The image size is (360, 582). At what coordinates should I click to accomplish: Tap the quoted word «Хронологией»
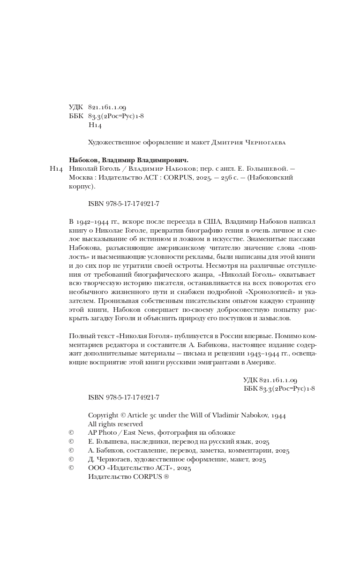268,292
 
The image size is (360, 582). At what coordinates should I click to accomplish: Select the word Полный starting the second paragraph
80,336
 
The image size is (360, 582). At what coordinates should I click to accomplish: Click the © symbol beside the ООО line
71,468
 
